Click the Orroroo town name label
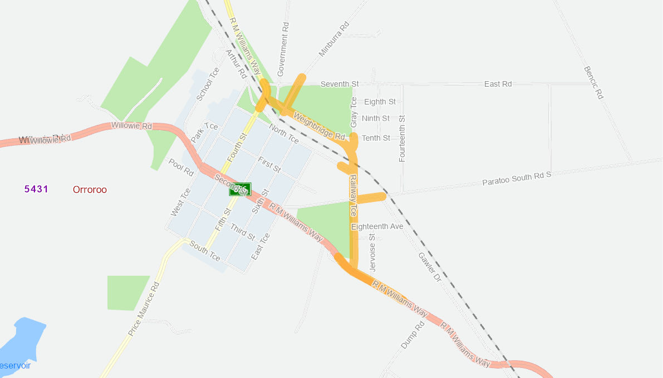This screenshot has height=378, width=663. tap(90, 190)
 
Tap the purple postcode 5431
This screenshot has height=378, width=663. tap(36, 189)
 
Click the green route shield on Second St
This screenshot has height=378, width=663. tap(240, 189)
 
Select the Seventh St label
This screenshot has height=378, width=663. tap(339, 84)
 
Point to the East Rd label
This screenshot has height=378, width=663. tap(498, 84)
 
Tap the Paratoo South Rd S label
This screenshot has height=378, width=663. tap(516, 178)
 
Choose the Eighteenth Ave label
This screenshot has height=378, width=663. tap(377, 227)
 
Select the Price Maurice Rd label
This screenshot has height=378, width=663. tap(144, 309)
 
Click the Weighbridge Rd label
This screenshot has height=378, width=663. tap(318, 127)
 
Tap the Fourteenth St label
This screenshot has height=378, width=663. tap(402, 138)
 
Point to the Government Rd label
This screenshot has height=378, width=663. tap(283, 49)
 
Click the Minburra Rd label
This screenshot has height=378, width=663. tap(333, 39)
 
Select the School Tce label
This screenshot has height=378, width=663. tap(208, 84)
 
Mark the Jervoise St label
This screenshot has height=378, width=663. tap(372, 252)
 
